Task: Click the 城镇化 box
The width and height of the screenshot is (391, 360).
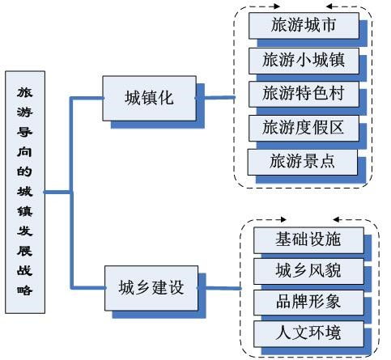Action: coord(148,98)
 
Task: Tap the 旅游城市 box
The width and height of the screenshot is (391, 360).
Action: coord(304,25)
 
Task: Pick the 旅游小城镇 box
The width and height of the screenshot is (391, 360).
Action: coord(304,59)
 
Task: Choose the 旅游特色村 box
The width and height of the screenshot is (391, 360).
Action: coord(304,93)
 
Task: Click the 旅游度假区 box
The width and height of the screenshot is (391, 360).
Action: coord(304,127)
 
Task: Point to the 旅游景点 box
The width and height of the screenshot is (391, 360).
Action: coord(302,161)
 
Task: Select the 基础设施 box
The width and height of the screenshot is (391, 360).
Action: coord(308,240)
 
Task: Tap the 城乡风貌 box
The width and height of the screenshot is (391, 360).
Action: coord(308,270)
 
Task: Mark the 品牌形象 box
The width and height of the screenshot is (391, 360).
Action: coord(308,301)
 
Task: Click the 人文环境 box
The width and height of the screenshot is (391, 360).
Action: coord(308,332)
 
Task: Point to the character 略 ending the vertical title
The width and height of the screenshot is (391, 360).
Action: coord(24,289)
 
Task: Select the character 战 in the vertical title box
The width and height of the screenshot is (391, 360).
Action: coord(24,269)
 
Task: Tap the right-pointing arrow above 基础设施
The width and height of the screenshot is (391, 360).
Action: coord(280,219)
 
